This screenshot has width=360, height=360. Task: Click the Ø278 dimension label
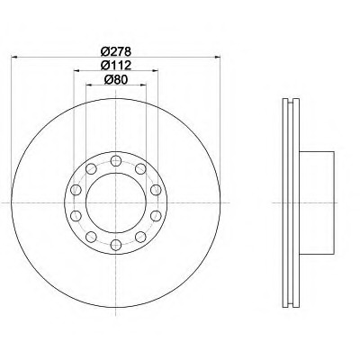pyautogui.click(x=116, y=51)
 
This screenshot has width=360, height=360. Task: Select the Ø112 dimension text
pyautogui.click(x=116, y=65)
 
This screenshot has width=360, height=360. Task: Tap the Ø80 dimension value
pyautogui.click(x=116, y=79)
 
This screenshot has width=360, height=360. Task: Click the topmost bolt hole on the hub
pyautogui.click(x=116, y=161)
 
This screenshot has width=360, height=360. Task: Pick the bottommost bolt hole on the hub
pyautogui.click(x=116, y=245)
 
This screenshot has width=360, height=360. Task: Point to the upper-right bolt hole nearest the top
pyautogui.click(x=140, y=169)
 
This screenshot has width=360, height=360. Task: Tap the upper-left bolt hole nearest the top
pyautogui.click(x=91, y=169)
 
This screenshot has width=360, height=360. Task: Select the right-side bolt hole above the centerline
pyautogui.click(x=156, y=190)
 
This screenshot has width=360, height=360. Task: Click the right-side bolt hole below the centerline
pyautogui.click(x=156, y=216)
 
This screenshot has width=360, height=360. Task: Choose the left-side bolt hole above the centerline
pyautogui.click(x=76, y=190)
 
